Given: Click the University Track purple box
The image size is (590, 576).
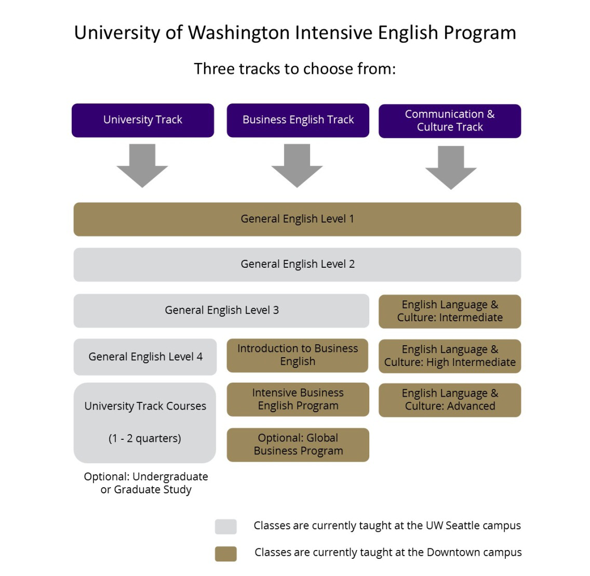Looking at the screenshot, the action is click(x=143, y=120).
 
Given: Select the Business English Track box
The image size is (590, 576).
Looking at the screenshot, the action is click(x=298, y=120).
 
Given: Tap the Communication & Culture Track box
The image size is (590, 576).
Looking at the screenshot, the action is click(x=450, y=121).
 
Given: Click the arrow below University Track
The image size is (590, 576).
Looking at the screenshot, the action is click(x=142, y=166).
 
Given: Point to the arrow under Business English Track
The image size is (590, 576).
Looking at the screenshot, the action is click(x=297, y=166).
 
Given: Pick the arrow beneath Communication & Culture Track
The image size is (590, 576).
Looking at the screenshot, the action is click(x=451, y=167).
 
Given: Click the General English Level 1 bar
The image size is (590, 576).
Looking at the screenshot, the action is click(x=297, y=219).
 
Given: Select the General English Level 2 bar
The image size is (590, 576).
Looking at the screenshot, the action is click(x=297, y=265).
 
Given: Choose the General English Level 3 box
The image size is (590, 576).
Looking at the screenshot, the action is click(x=221, y=311).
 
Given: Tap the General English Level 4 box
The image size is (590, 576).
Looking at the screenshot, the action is click(x=145, y=357).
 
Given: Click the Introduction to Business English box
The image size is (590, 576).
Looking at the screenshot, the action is click(x=297, y=355).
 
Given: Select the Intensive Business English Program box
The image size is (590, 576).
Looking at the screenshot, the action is click(x=298, y=399).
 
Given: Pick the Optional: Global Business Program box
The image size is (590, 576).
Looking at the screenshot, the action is click(x=298, y=445).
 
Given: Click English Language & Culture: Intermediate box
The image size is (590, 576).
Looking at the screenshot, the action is click(x=450, y=311).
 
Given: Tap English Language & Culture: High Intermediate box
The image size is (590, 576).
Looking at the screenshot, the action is click(x=450, y=356).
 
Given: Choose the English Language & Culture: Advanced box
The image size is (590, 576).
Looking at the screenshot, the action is click(x=450, y=400).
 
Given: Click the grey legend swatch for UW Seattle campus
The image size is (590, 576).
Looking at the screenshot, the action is click(x=226, y=527).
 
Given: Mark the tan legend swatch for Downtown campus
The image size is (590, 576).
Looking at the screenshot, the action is click(x=226, y=554).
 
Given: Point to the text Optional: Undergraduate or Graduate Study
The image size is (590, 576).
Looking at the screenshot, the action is click(x=146, y=483).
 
